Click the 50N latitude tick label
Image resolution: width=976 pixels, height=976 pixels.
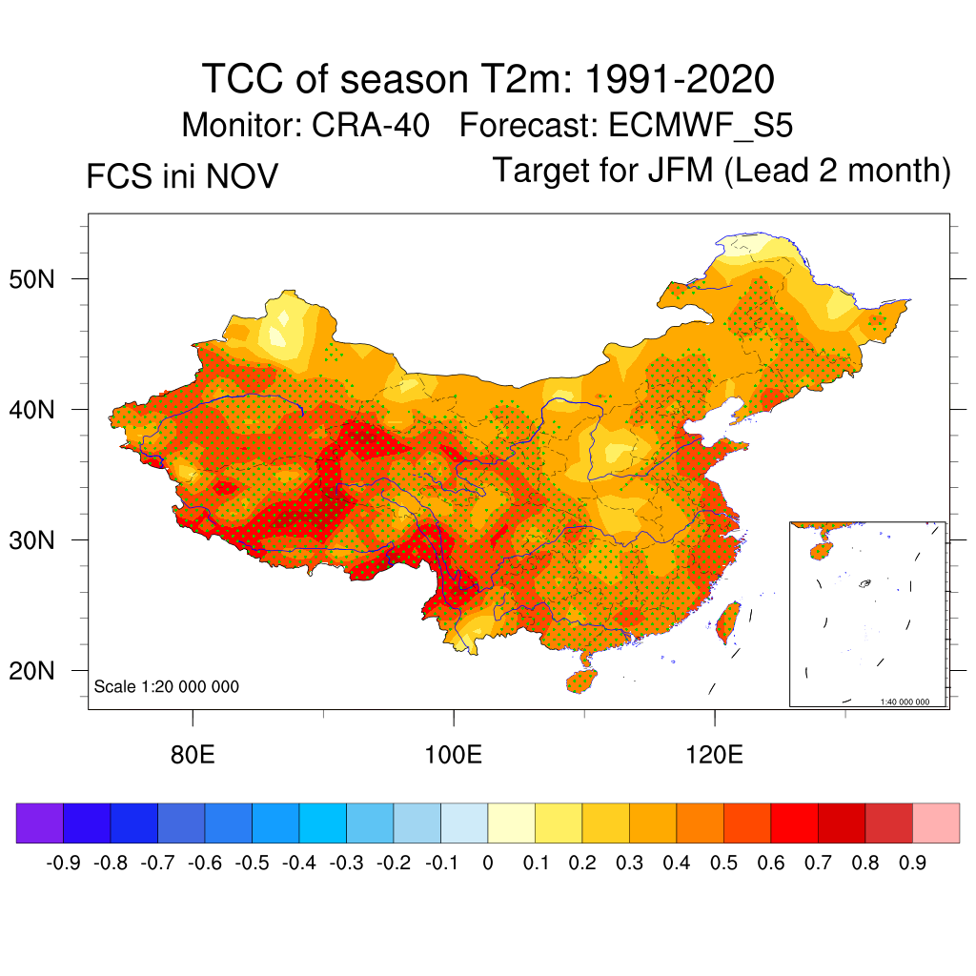click(x=41, y=280)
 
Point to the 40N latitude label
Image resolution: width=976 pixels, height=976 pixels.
click(x=41, y=411)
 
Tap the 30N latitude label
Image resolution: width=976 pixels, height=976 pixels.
click(x=41, y=541)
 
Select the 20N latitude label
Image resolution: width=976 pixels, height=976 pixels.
click(x=41, y=672)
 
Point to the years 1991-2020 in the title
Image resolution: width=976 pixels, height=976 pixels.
click(x=678, y=79)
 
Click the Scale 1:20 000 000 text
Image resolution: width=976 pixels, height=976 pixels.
click(x=167, y=687)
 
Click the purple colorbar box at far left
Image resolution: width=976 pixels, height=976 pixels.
click(x=39, y=823)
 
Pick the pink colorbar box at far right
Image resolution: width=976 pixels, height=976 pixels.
click(x=936, y=823)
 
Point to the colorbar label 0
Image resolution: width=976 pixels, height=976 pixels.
click(x=488, y=864)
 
